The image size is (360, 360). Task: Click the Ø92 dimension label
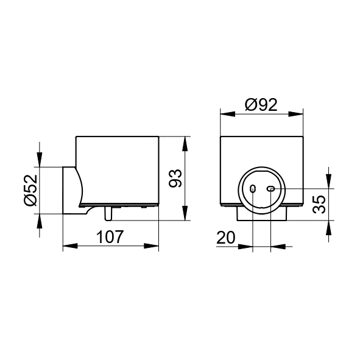[x=261, y=105]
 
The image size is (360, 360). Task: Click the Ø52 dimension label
[x=30, y=190]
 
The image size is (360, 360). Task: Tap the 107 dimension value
[x=110, y=237]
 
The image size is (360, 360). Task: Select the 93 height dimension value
[x=175, y=178]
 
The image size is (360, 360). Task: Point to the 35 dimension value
[x=319, y=204]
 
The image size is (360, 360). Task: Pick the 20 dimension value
[x=226, y=238]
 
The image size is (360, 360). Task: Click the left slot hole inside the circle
[x=253, y=189]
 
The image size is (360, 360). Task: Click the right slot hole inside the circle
[x=270, y=189]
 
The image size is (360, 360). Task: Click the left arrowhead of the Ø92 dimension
[x=228, y=114]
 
